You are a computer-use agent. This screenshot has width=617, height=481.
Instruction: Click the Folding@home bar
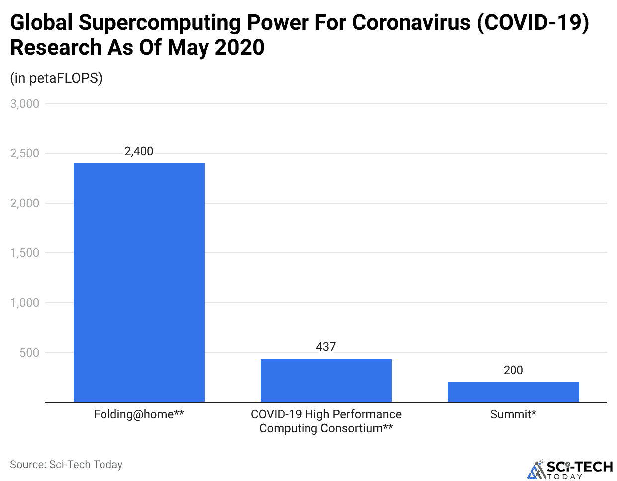(139, 282)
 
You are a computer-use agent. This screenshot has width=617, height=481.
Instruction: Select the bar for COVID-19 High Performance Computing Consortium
(326, 380)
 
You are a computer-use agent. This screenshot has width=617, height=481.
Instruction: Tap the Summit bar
(513, 392)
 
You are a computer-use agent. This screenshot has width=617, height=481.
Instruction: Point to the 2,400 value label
(139, 151)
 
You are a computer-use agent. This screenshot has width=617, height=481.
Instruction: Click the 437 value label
(326, 347)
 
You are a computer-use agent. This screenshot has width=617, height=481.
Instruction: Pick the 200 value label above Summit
(513, 370)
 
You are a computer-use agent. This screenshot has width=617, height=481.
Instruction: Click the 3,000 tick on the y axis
(25, 104)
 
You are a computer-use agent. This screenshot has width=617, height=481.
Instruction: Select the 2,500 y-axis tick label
(25, 153)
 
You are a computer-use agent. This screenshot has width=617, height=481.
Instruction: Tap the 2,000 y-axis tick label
(25, 203)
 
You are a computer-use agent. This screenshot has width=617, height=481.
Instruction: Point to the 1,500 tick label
(25, 253)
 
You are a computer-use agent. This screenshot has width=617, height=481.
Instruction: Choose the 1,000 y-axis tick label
(25, 303)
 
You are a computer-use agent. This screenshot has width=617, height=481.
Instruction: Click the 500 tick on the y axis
(29, 353)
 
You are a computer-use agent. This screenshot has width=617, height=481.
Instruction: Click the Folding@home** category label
(139, 414)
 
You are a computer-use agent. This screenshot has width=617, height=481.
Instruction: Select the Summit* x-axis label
(513, 414)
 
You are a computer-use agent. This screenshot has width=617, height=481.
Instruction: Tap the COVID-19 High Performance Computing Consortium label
(326, 421)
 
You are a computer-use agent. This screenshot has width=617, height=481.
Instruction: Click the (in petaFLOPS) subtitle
(56, 78)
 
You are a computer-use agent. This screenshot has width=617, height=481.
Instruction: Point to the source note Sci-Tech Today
(66, 465)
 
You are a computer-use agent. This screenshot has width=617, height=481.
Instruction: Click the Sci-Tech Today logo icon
(536, 470)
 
